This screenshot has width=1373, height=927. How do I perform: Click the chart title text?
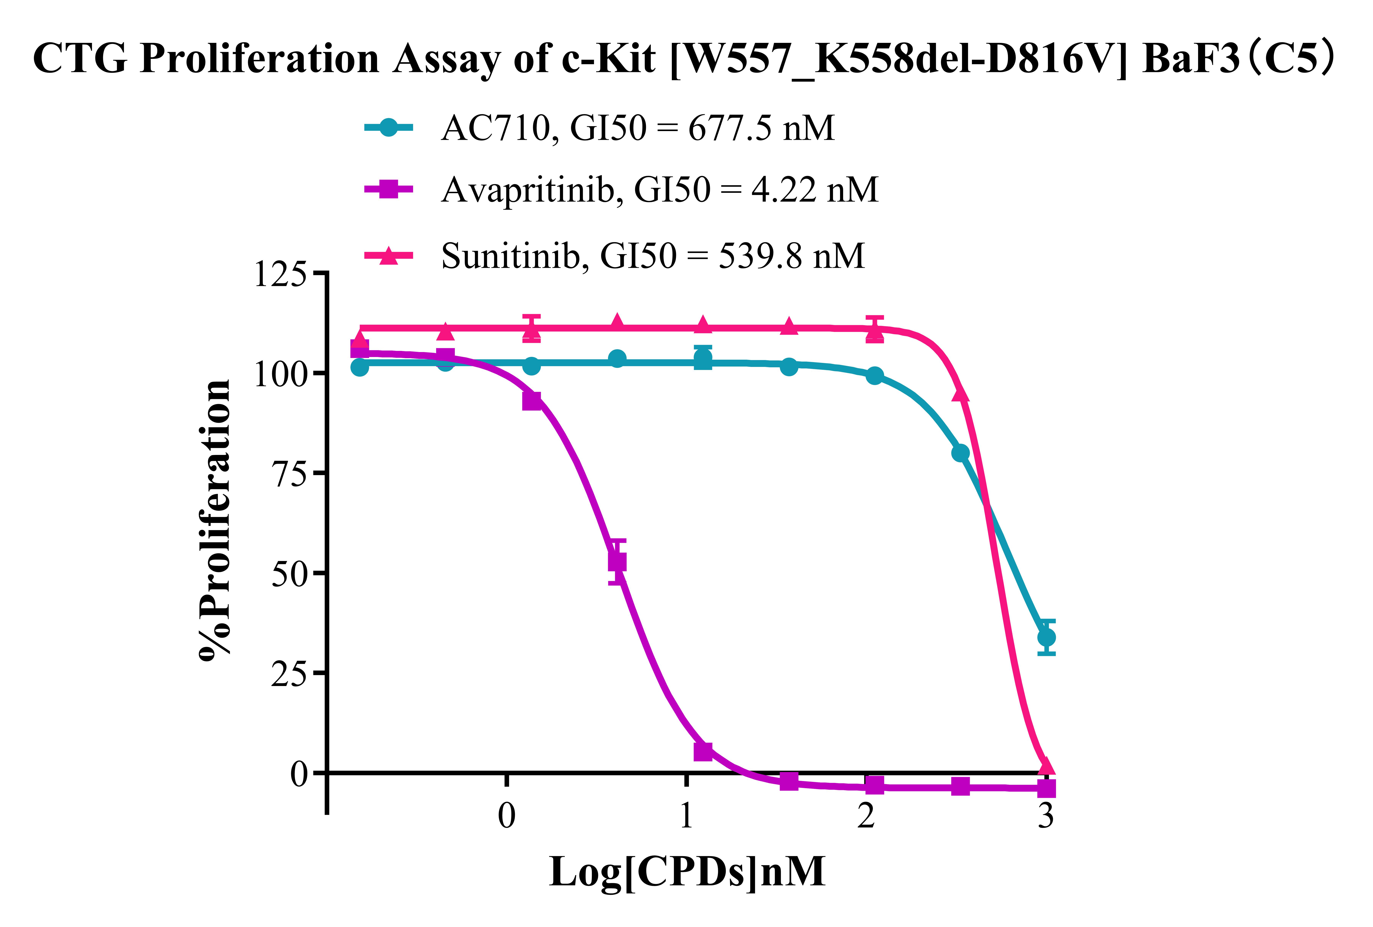(x=685, y=59)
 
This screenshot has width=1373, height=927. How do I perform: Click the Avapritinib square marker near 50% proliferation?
(x=617, y=562)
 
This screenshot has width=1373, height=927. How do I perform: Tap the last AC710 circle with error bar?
(x=1046, y=637)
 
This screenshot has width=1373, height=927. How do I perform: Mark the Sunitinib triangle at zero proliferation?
(x=1046, y=766)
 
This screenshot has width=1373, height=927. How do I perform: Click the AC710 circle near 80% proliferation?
(x=961, y=453)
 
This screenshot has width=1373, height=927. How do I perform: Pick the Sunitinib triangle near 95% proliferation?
(x=961, y=392)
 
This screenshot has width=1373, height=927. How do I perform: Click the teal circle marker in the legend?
(x=388, y=128)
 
